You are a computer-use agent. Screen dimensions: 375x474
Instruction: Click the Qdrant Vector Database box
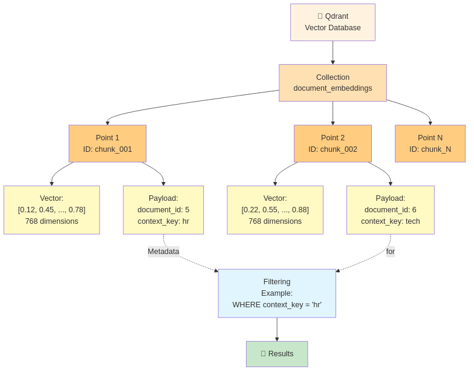(333, 22)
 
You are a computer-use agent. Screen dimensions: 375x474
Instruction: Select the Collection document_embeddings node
(333, 83)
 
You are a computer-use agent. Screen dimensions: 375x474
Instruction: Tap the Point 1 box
(108, 143)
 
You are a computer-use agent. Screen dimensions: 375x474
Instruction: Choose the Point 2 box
(333, 143)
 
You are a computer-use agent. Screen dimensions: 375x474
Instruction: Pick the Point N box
(430, 143)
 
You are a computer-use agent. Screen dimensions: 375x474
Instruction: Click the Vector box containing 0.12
(51, 210)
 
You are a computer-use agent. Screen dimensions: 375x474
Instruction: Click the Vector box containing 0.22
(275, 210)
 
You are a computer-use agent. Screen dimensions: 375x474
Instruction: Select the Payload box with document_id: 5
(163, 210)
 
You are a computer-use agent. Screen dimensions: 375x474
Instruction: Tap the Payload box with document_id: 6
(391, 210)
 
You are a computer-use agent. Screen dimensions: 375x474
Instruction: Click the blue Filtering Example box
(277, 293)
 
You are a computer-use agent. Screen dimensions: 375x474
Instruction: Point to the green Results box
(277, 354)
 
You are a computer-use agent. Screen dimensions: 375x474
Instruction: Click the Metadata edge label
(163, 251)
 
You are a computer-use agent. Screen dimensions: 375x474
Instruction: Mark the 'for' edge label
(391, 251)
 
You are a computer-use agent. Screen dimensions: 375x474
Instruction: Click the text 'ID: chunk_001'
(108, 149)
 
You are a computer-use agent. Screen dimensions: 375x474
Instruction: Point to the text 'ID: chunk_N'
(430, 149)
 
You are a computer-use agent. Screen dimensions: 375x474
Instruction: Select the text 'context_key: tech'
(391, 221)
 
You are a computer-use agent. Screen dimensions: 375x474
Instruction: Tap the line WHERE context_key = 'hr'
(277, 305)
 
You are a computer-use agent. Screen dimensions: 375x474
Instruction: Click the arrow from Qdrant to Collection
(333, 53)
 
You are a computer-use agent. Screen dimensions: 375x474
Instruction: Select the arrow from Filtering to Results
(277, 329)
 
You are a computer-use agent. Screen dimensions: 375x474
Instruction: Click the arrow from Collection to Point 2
(333, 113)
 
